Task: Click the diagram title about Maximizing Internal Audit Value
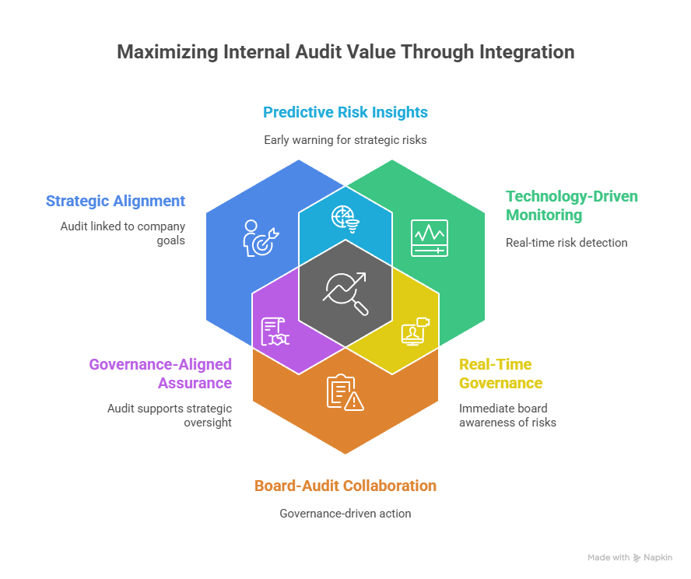click(x=345, y=53)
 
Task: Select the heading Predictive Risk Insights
click(x=345, y=112)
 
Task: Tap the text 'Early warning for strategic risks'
click(x=345, y=140)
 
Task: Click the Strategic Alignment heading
click(x=115, y=201)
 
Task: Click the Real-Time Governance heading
click(x=500, y=374)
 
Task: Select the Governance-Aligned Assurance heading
click(x=160, y=374)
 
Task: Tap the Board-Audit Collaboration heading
click(x=345, y=486)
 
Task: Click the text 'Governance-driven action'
click(x=345, y=514)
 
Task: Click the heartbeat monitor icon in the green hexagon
click(x=430, y=237)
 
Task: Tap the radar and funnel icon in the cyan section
click(x=345, y=219)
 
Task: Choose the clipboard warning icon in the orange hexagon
click(x=345, y=392)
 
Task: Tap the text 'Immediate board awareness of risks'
click(x=507, y=416)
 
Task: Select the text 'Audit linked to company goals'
click(x=123, y=233)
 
